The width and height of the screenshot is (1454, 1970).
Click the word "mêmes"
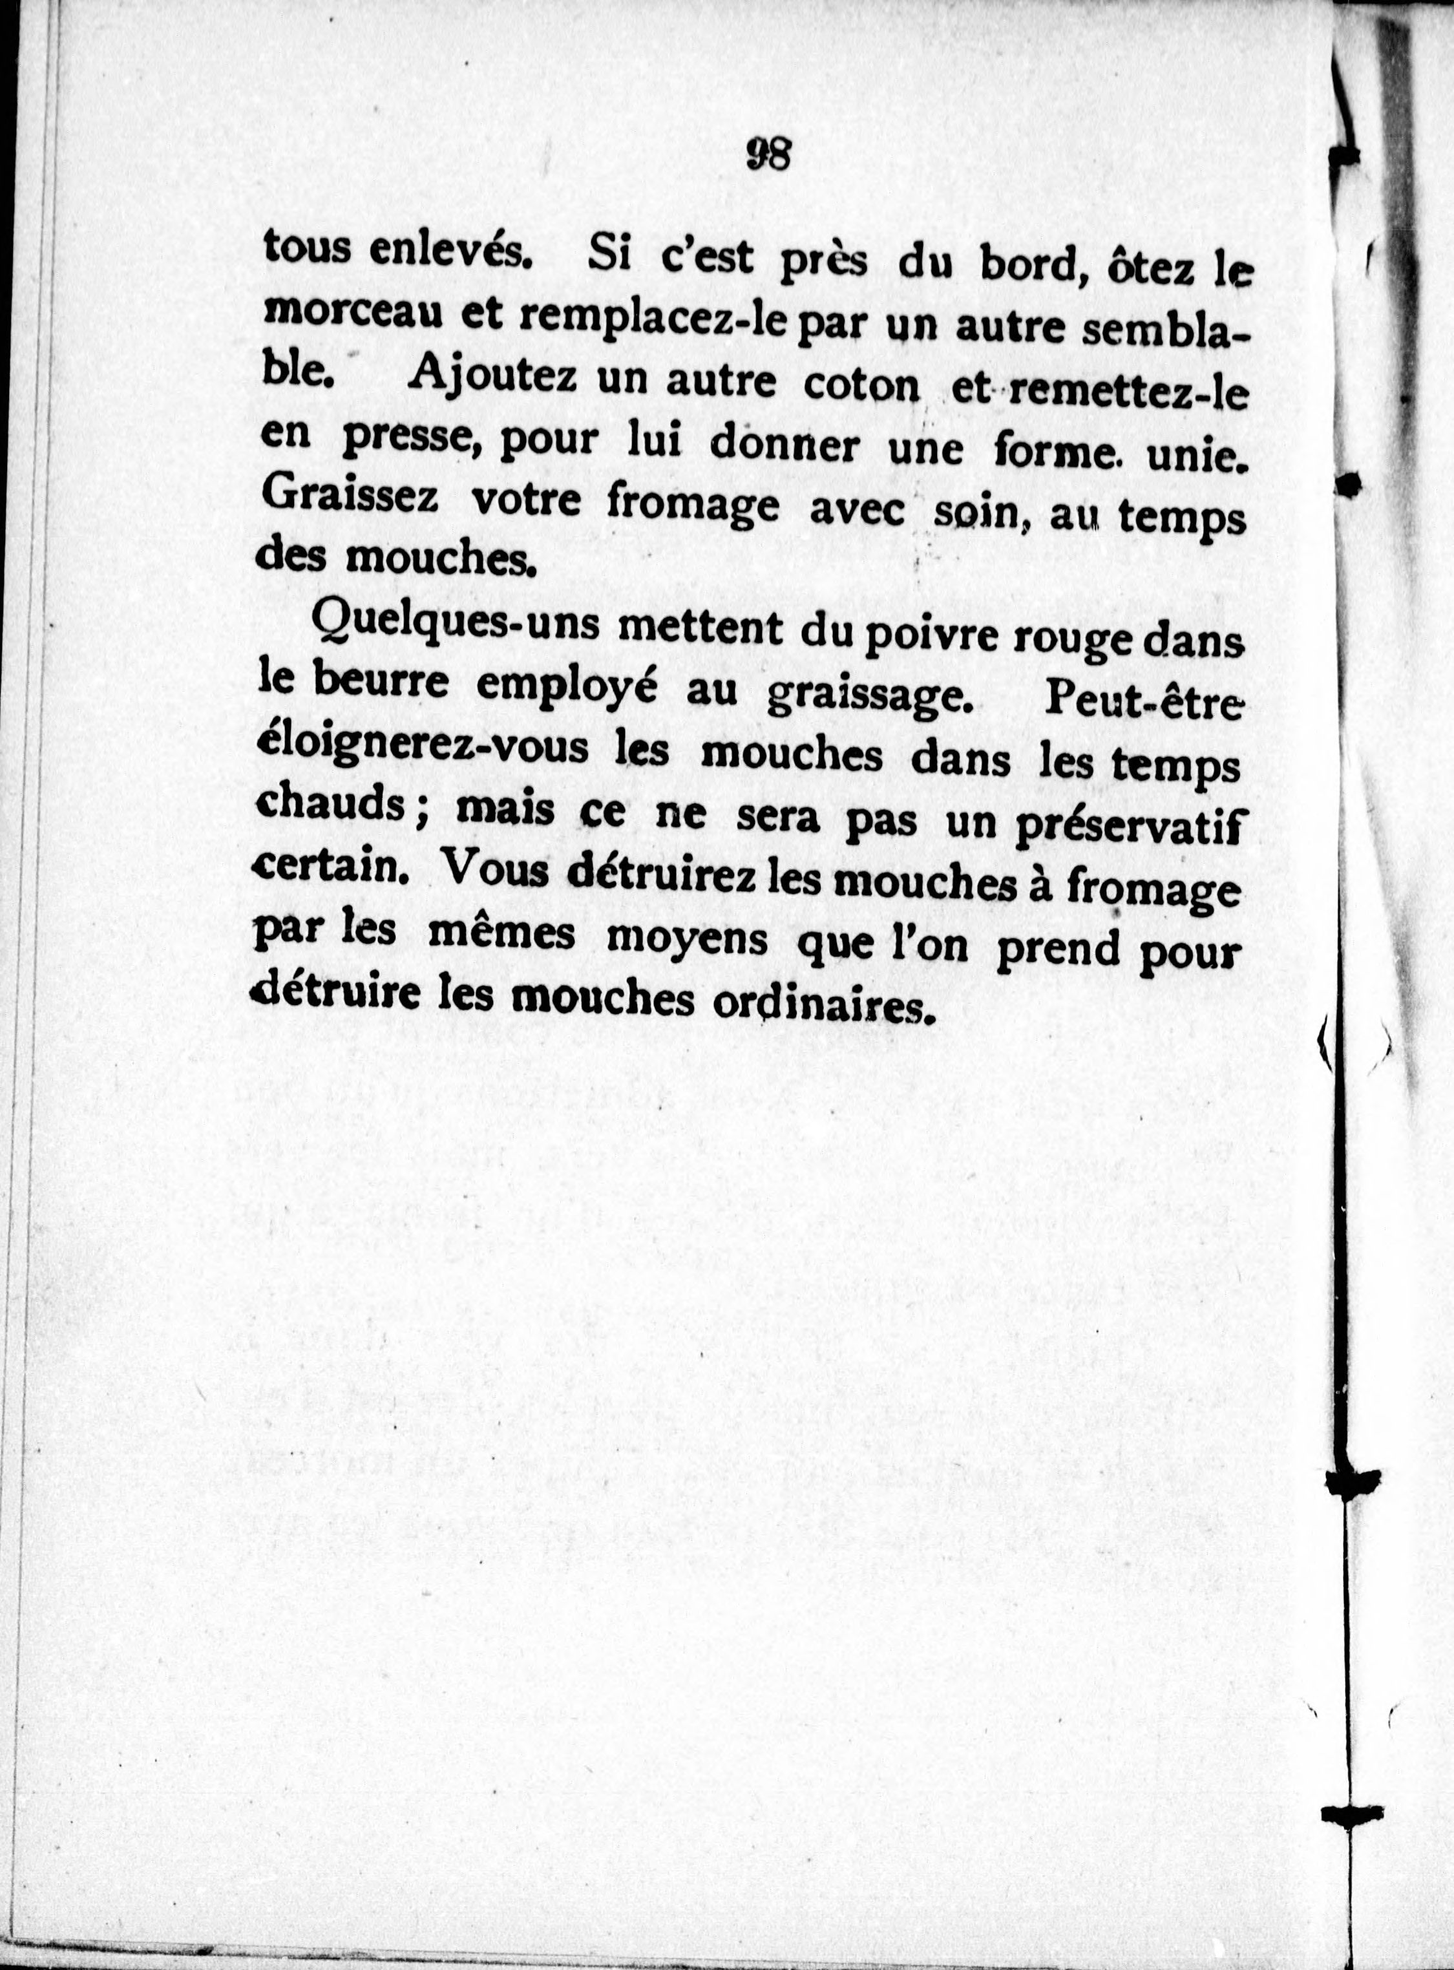tap(501, 934)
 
